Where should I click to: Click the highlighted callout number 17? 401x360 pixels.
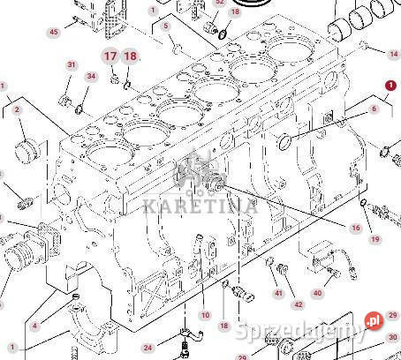point(110,56)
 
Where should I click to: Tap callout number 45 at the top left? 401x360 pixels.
point(53,33)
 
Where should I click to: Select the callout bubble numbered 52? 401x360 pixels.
point(220,3)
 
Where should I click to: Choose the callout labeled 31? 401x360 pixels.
point(72,65)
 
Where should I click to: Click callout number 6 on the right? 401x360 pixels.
point(374,109)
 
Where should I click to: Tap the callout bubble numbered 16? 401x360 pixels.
point(355,228)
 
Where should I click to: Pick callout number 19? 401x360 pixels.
point(375,239)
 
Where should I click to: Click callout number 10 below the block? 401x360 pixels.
point(205,315)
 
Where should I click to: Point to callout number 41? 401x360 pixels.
point(278,292)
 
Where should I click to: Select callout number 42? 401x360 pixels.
point(299,304)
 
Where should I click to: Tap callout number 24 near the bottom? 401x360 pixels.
point(148,347)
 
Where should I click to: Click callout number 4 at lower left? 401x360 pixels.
point(34,326)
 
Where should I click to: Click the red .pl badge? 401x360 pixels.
point(373,320)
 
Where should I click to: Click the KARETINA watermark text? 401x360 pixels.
point(200,206)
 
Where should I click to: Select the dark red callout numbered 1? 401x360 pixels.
point(390,85)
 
